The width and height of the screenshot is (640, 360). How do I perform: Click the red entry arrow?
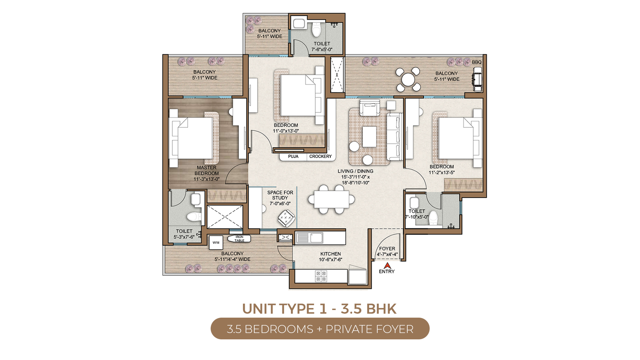tap(387, 266)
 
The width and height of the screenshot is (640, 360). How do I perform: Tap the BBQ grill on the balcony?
tap(478, 80)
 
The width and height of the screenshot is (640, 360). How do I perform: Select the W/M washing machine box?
tap(216, 242)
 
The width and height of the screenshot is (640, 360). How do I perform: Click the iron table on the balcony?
tap(239, 238)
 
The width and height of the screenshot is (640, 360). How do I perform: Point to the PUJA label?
tap(293, 156)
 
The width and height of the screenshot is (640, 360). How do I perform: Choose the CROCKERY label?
tap(320, 156)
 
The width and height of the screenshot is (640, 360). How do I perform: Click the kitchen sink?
tap(310, 238)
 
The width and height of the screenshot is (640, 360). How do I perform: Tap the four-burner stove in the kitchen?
tap(320, 276)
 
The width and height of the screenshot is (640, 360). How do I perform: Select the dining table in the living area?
tap(332, 199)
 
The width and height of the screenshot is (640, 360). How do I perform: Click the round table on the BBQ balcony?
tap(408, 80)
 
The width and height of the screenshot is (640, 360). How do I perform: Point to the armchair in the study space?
tap(286, 218)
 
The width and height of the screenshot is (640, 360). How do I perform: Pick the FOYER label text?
tap(387, 249)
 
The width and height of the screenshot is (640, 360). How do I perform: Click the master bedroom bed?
tap(191, 138)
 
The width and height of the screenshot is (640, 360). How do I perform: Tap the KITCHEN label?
tap(330, 254)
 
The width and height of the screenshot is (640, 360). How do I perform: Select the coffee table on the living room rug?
tap(370, 136)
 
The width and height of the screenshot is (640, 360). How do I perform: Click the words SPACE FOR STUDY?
tap(280, 195)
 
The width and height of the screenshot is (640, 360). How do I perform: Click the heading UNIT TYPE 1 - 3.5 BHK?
tap(320, 308)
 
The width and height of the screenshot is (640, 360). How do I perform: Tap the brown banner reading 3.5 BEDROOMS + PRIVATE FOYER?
tap(320, 328)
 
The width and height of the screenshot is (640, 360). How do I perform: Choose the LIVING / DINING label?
tap(356, 171)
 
